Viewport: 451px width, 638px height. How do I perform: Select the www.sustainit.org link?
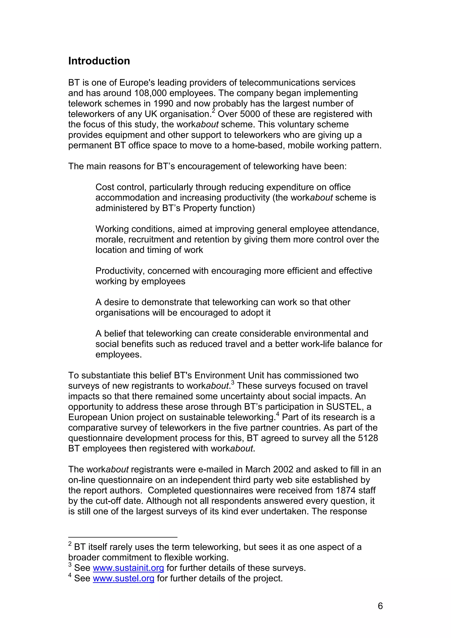pos(128,568)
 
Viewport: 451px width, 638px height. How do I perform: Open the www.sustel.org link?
pos(123,579)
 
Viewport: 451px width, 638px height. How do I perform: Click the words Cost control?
pos(120,187)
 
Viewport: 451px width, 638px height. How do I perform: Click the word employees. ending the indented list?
pos(118,355)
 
